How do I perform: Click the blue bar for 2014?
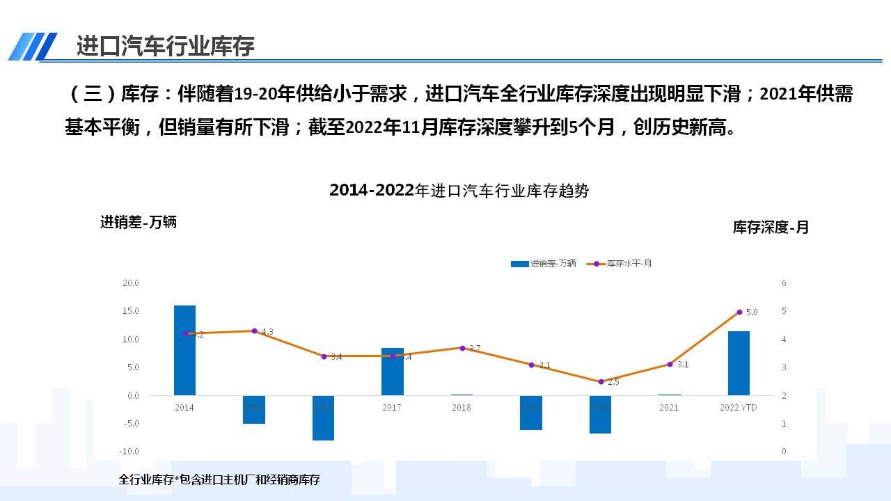point(184,350)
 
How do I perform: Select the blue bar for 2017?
point(392,372)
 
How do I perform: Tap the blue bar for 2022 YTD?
point(739,363)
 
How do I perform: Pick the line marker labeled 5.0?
point(739,312)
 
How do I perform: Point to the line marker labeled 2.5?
point(601,381)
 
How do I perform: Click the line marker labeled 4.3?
point(254,331)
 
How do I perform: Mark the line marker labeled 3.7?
point(462,347)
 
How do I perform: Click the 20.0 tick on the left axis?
point(131,283)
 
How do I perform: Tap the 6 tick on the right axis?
point(784,283)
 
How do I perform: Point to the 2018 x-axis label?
point(461,408)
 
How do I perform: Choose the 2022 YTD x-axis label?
point(738,408)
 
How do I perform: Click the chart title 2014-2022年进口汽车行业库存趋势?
point(459,191)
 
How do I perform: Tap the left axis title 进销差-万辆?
point(139,222)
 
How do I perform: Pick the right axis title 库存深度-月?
point(771,227)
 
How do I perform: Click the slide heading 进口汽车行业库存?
point(166,46)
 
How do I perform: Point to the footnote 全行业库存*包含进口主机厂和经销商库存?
point(219,479)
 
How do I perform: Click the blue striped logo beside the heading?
point(33,47)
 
